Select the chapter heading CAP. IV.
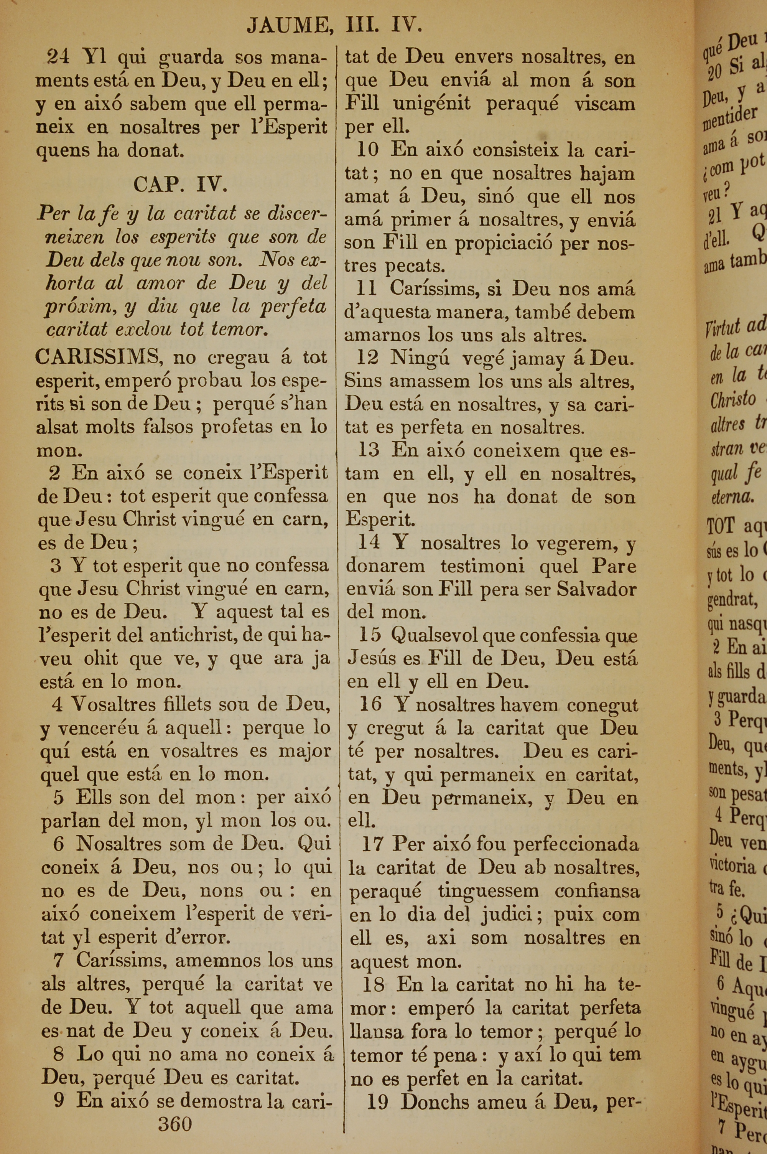click(180, 185)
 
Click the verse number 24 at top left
click(58, 57)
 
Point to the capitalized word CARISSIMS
click(98, 357)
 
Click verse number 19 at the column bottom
click(378, 1102)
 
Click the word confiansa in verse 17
click(597, 891)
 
